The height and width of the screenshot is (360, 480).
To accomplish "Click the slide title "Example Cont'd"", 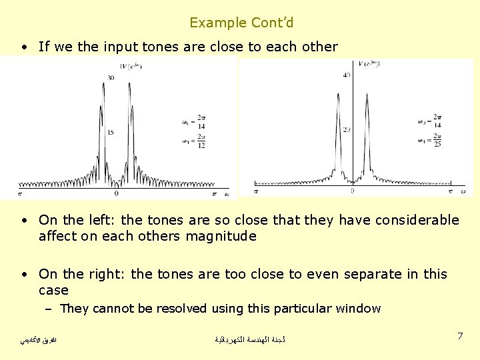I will coord(241,23).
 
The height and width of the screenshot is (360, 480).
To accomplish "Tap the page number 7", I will coord(460,336).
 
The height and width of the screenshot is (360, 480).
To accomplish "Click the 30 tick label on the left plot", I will coord(111,78).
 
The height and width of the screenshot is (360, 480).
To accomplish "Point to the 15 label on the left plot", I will coord(111,132).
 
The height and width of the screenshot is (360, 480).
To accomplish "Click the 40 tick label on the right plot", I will coord(346,75).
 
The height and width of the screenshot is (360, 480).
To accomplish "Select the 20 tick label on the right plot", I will coord(346,129).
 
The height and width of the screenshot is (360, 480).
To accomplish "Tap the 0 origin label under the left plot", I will coord(117,193).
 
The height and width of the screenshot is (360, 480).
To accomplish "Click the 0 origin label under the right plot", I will coord(353,191).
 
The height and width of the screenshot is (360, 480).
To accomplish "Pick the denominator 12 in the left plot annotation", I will coord(201,145).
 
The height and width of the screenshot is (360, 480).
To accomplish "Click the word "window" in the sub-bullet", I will coord(359,309).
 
